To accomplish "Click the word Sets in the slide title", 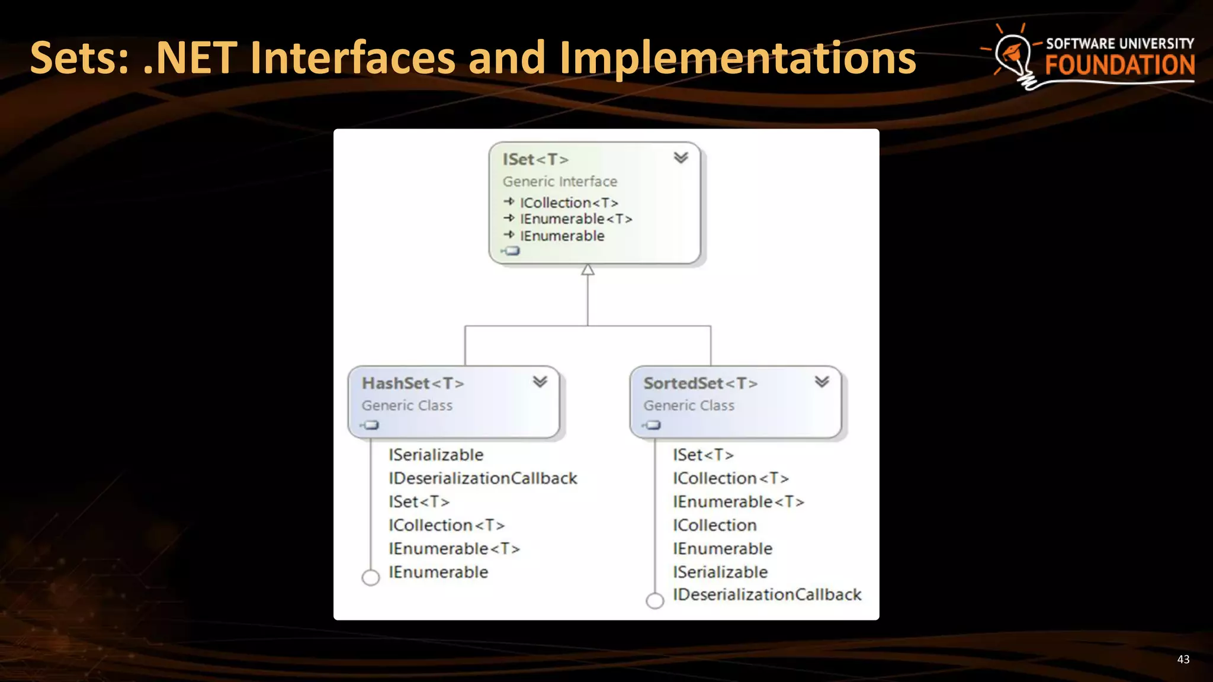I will point(79,58).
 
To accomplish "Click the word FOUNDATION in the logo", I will point(1119,65).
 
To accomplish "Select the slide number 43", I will point(1183,660).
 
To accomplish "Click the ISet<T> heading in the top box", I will point(535,159).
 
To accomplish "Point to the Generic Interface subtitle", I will point(560,181).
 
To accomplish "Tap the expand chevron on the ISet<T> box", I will point(681,157).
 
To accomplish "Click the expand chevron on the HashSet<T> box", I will point(540,382).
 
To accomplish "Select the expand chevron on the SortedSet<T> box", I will point(821,382).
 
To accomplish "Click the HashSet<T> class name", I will point(413,384).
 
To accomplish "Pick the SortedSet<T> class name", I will point(700,384).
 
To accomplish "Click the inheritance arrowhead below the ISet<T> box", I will point(588,270).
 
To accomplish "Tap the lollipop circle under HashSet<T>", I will point(371,577).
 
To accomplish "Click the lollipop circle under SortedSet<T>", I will point(654,601).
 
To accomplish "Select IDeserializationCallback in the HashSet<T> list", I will point(483,478).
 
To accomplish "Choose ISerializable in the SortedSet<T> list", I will point(720,572).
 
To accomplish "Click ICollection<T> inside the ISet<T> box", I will point(569,203).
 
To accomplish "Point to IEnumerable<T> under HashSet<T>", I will point(454,549).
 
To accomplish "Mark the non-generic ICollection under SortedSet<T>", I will point(715,525).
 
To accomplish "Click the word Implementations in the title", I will point(737,58).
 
